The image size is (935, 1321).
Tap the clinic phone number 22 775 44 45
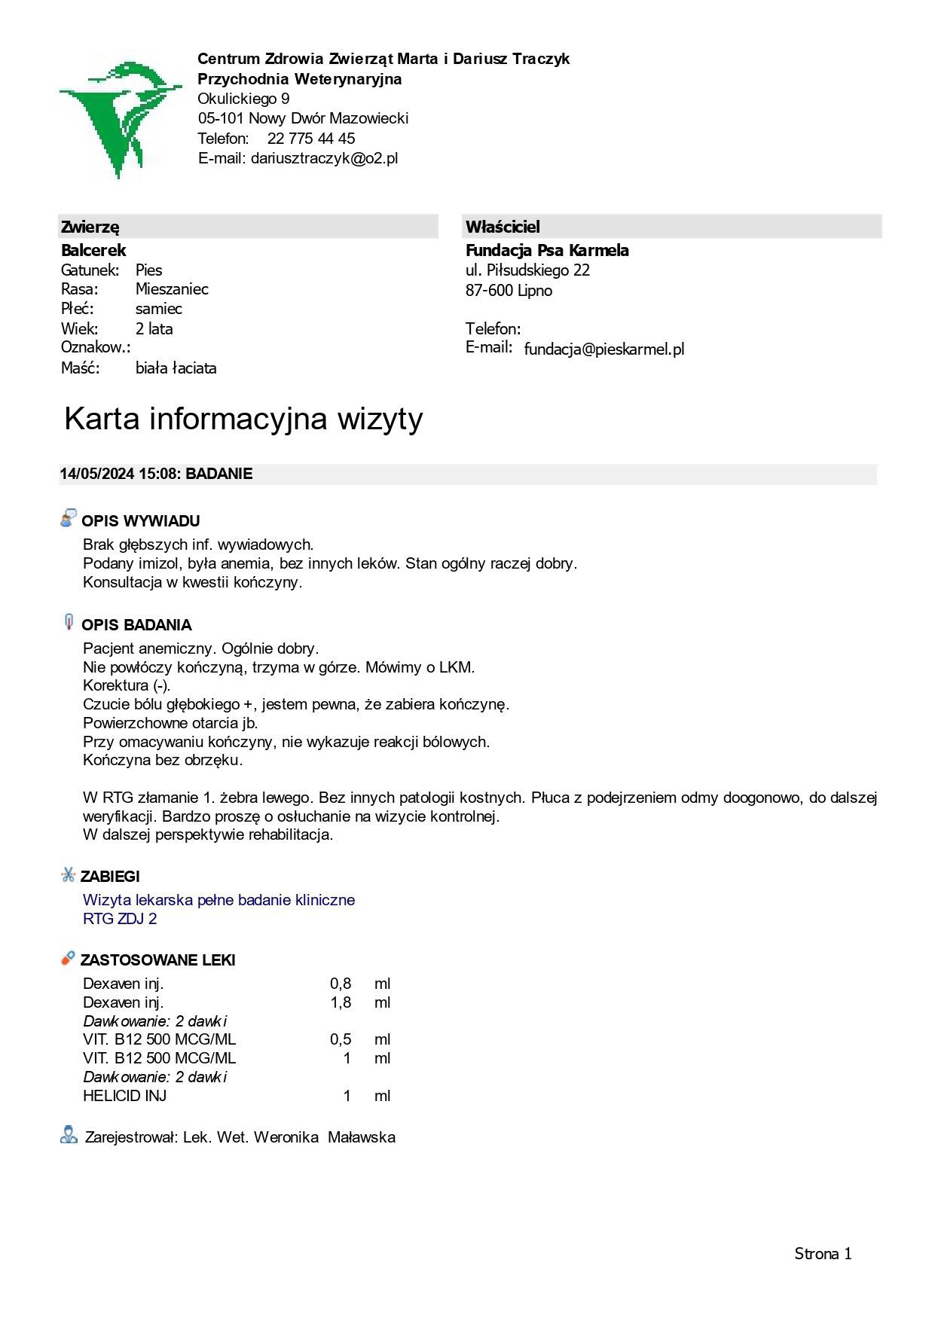tap(310, 139)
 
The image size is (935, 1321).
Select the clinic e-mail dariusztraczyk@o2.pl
tap(324, 158)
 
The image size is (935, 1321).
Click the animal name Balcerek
tap(93, 251)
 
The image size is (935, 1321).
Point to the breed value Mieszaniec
tap(172, 289)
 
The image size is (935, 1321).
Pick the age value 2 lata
tap(154, 329)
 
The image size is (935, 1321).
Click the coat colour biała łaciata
tap(176, 368)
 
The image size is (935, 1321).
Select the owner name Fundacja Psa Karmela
tap(547, 251)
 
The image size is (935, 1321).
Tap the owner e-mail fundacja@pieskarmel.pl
tap(603, 349)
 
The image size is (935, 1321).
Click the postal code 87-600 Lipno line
tap(509, 291)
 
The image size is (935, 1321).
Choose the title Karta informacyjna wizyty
tap(243, 419)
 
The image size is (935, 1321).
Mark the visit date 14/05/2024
tap(97, 474)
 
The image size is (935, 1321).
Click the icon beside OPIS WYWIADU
tap(69, 518)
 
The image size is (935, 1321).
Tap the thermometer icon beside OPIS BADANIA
tap(69, 622)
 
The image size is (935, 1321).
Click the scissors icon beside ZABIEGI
tap(68, 875)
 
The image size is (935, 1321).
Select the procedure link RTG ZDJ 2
tap(120, 919)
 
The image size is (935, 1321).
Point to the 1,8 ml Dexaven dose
tap(341, 1002)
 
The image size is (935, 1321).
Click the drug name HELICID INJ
tap(124, 1096)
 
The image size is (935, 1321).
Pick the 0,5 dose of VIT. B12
tap(341, 1039)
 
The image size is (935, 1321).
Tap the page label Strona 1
tap(823, 1254)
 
